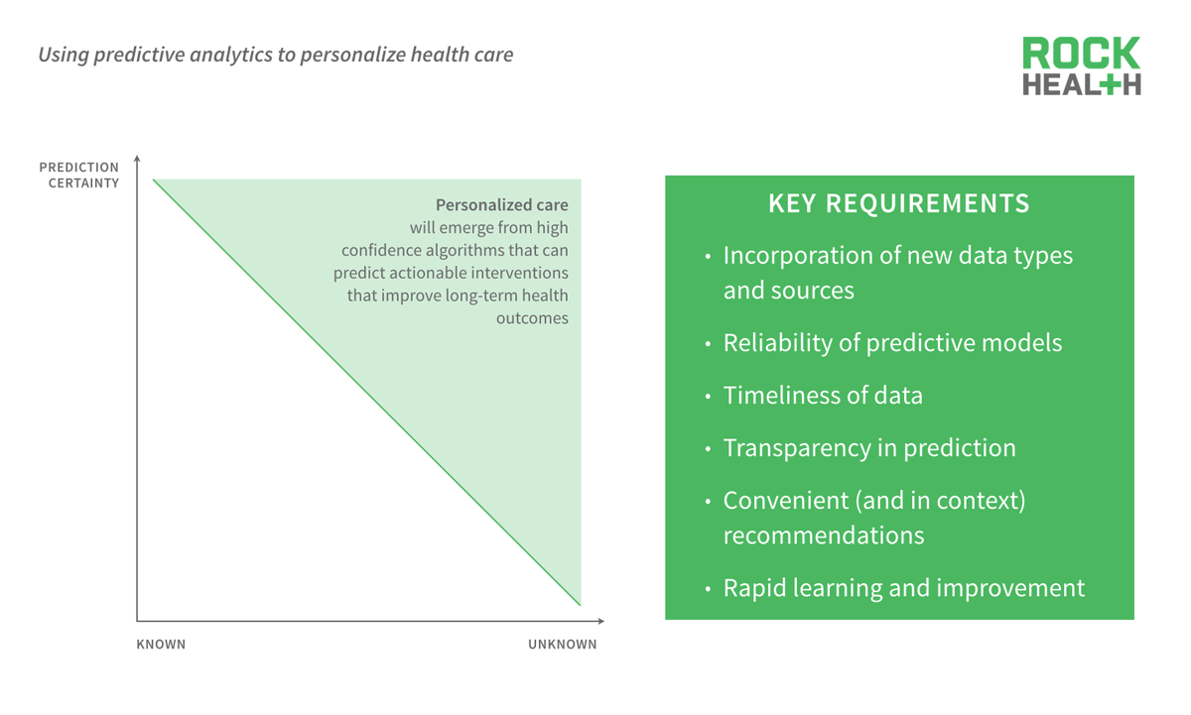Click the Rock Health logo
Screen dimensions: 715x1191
[x=1081, y=65]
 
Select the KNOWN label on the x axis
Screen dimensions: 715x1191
[x=161, y=645]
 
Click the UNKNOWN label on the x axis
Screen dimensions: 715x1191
[x=562, y=645]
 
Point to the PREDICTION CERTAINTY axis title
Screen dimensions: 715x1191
[x=79, y=175]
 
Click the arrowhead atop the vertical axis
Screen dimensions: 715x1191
[x=137, y=159]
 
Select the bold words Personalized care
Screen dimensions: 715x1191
[x=501, y=205]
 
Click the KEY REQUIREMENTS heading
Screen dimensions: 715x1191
[x=898, y=204]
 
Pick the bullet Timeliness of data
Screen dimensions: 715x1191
[x=822, y=396]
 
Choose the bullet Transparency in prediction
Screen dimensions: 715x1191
[x=868, y=448]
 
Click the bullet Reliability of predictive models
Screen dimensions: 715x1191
[x=891, y=343]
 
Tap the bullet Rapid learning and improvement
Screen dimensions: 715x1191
[x=903, y=588]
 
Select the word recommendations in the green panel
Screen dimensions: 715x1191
[x=823, y=536]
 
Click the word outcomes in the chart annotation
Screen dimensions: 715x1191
[x=532, y=318]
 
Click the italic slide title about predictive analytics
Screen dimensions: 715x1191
[x=275, y=55]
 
